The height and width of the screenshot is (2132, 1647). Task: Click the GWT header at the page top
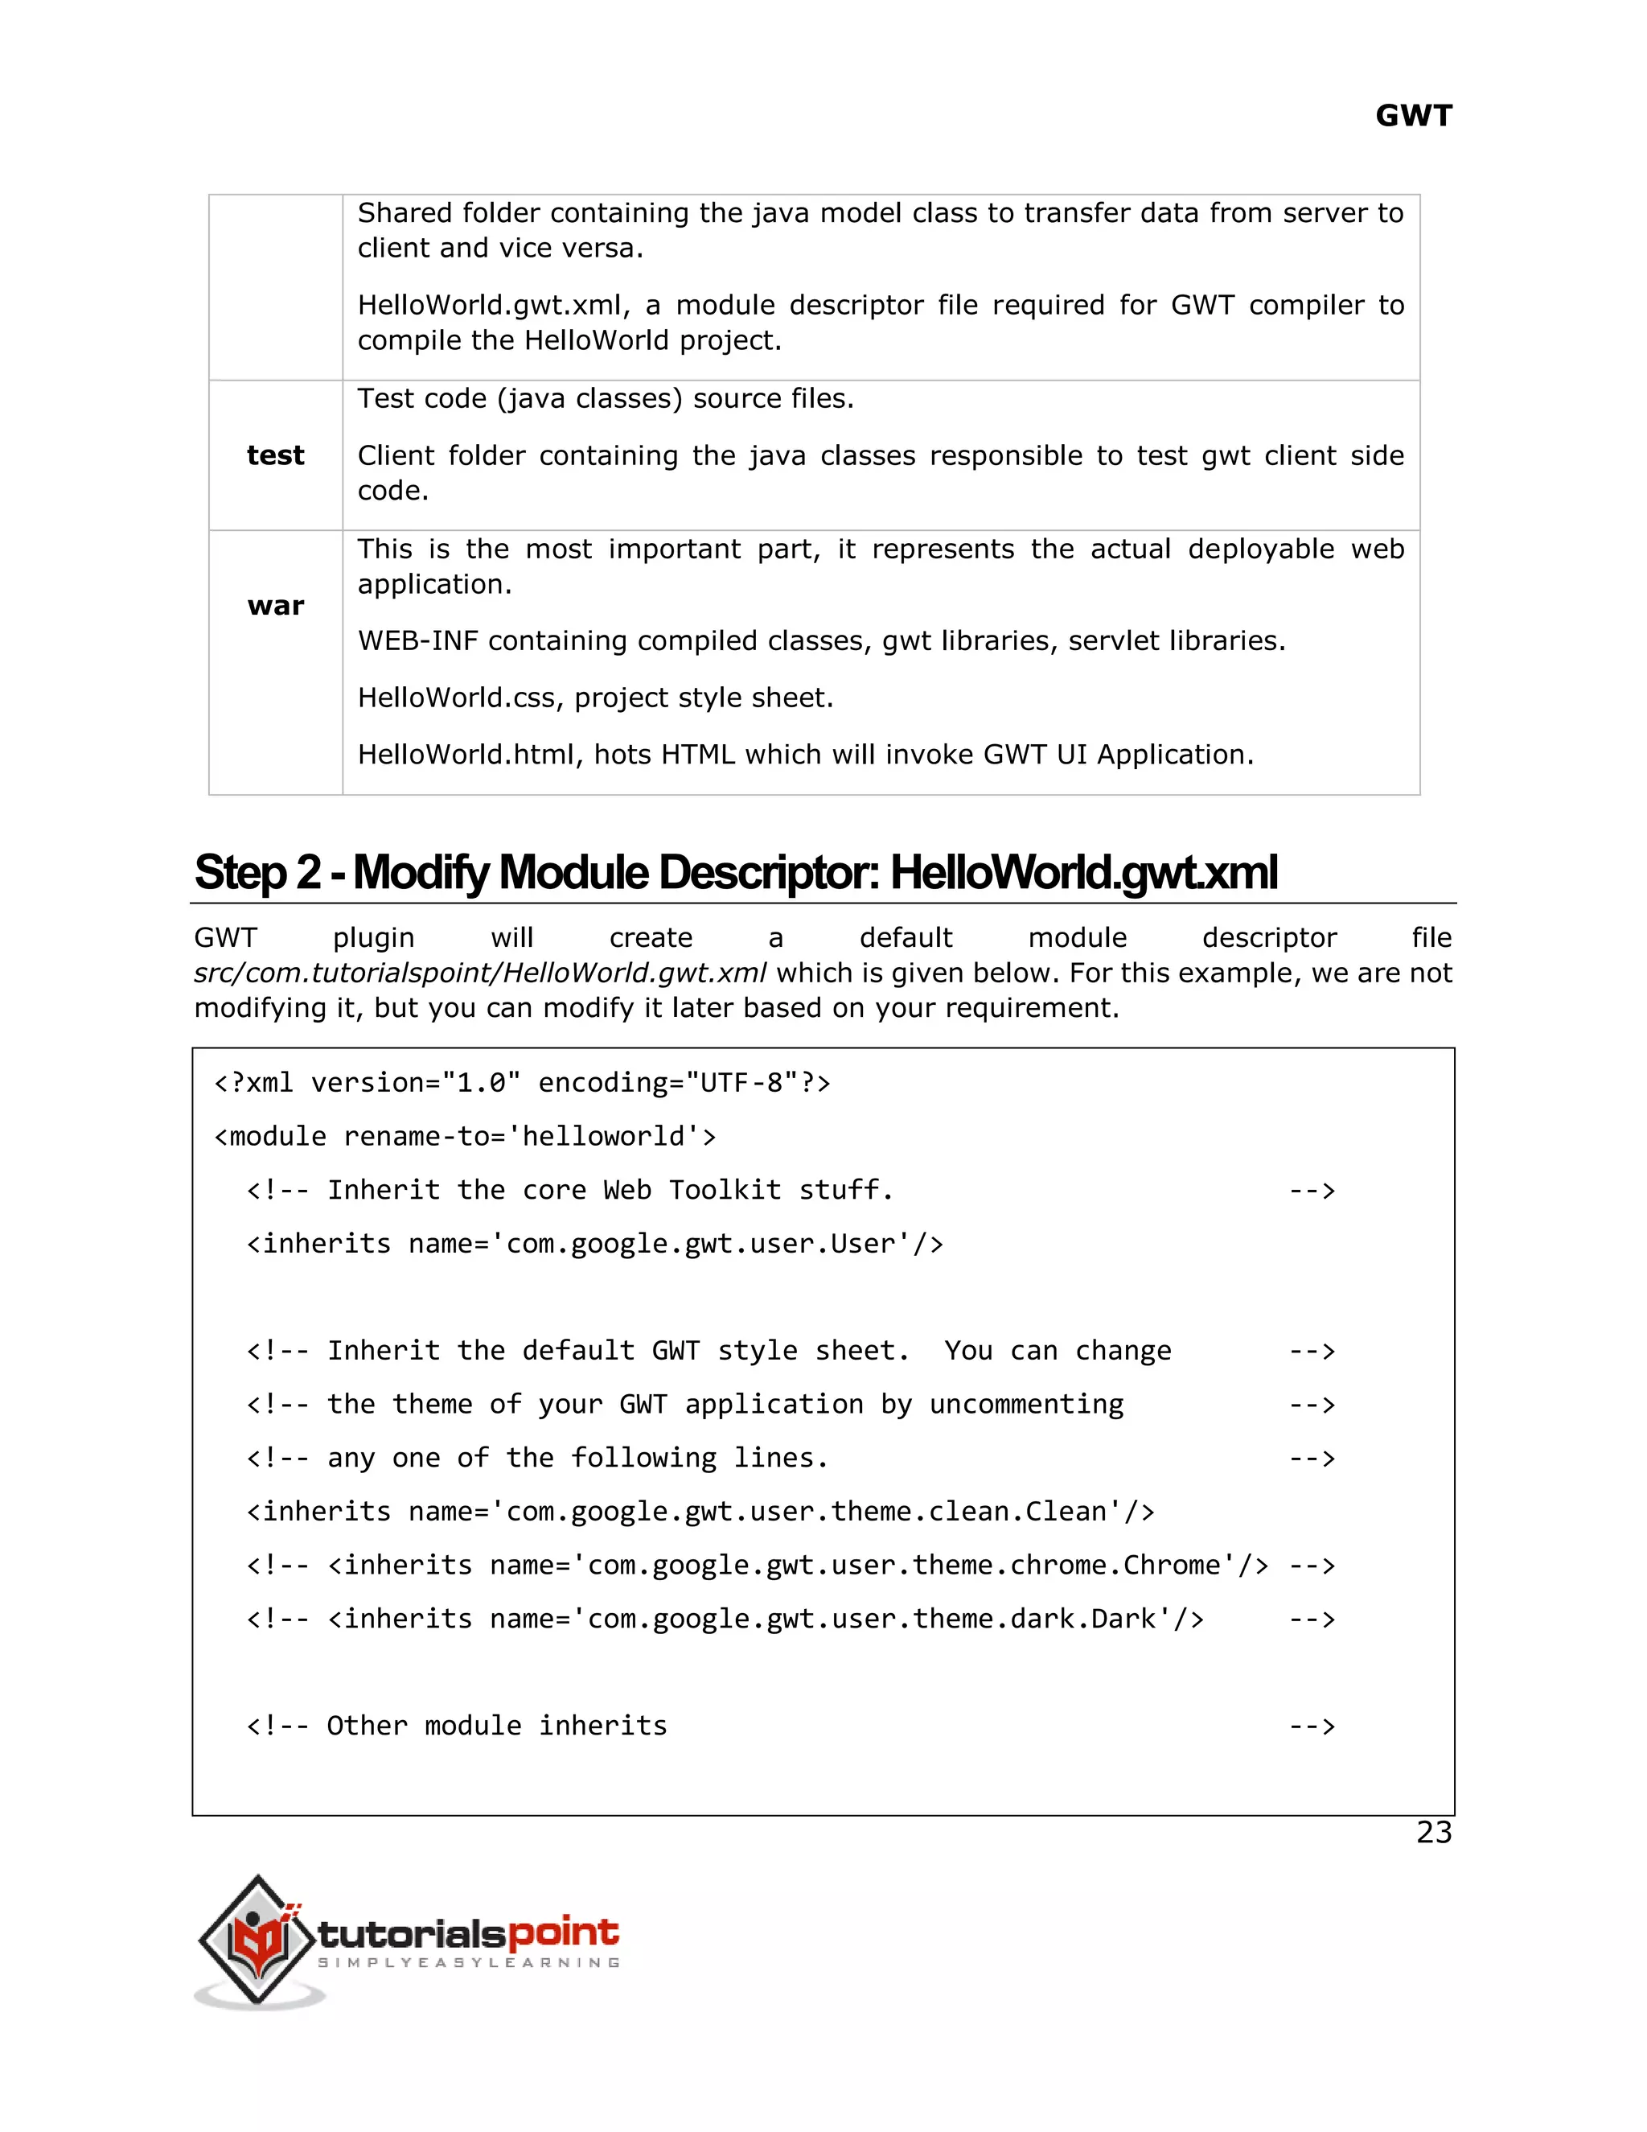point(1413,116)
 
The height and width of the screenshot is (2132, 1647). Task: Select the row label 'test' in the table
point(275,455)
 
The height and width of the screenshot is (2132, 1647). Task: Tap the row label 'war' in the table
point(276,607)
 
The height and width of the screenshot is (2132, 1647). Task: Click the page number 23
point(1433,1832)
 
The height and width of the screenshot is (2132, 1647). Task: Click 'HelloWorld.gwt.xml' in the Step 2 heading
point(1083,873)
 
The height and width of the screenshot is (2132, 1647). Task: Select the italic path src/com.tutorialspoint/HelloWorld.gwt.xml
point(480,973)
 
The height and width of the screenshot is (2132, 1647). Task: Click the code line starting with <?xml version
point(522,1083)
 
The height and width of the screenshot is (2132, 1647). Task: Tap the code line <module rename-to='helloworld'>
point(465,1136)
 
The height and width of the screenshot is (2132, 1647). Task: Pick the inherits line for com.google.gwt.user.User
point(594,1244)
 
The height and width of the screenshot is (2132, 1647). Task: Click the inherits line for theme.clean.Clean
point(700,1511)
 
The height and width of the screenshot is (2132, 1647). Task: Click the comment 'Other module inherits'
point(497,1726)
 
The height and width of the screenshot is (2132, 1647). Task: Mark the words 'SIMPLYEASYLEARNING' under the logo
point(468,1962)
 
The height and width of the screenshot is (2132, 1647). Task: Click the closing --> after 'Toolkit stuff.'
point(1312,1190)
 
